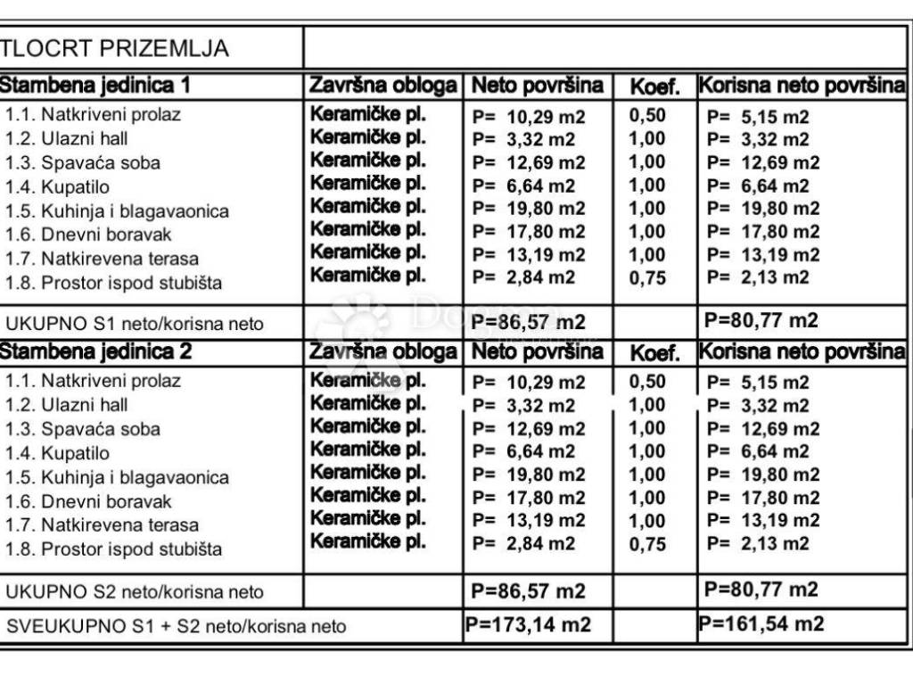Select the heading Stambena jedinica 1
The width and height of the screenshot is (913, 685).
pos(96,86)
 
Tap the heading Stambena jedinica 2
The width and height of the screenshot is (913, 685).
pos(96,351)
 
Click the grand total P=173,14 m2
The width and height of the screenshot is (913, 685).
pos(528,624)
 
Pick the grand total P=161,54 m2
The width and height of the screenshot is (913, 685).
pos(761,624)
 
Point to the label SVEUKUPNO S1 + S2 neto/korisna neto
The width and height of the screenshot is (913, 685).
pos(176,626)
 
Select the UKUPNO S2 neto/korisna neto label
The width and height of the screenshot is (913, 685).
pos(136,591)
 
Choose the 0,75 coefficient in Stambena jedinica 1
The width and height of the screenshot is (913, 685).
pos(647,277)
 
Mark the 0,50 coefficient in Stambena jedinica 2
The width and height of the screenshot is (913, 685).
pos(647,382)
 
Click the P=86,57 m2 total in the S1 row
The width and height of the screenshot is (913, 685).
pos(528,321)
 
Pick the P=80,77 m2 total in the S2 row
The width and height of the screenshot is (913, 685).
pos(761,590)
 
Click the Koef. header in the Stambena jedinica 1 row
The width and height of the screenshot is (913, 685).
pos(654,87)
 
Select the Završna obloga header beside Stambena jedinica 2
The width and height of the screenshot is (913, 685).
pos(383,352)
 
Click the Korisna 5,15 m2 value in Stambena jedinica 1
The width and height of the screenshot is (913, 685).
pos(758,117)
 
